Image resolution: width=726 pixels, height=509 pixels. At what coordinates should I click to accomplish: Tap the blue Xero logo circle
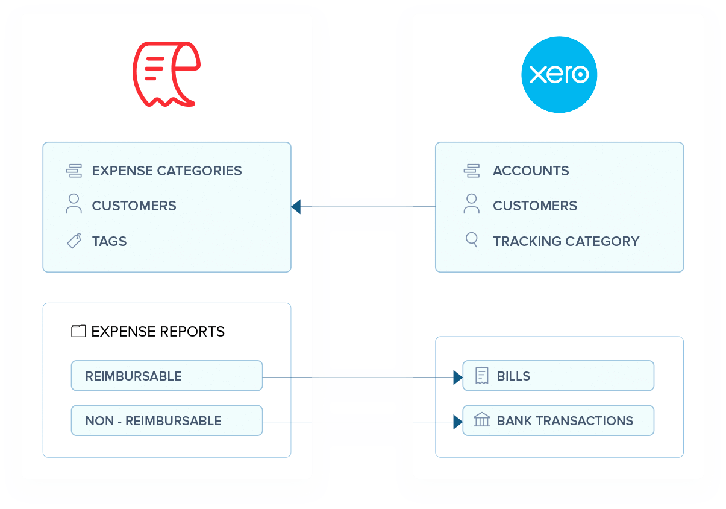click(x=559, y=74)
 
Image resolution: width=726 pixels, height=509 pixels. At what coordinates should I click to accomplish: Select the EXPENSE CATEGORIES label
click(x=166, y=171)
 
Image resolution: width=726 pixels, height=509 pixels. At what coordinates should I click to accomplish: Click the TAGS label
click(x=109, y=241)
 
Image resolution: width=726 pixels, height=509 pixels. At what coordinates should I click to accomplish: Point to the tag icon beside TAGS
click(x=74, y=241)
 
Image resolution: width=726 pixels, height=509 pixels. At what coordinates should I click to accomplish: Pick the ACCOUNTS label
click(x=531, y=171)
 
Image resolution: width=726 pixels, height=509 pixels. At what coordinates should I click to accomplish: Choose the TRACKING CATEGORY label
click(x=566, y=241)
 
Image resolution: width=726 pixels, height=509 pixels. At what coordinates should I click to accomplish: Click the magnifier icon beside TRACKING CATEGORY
click(x=472, y=240)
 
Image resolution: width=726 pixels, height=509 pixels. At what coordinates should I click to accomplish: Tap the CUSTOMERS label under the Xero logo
click(x=535, y=206)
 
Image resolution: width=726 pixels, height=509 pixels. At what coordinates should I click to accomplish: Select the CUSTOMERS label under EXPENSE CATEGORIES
click(x=134, y=206)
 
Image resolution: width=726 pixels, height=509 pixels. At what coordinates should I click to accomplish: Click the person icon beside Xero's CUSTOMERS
click(x=472, y=204)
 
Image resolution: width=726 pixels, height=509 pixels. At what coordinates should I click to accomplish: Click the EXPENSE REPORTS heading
click(x=158, y=331)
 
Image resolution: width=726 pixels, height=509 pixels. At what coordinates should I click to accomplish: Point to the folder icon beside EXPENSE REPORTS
click(x=78, y=331)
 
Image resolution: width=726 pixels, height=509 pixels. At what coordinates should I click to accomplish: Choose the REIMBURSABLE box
click(x=167, y=376)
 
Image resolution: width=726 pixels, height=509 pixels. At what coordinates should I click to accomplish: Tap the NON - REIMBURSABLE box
click(x=167, y=420)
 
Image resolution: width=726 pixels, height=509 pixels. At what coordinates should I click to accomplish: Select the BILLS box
click(x=558, y=376)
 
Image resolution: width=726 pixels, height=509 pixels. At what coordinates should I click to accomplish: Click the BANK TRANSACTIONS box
click(x=558, y=420)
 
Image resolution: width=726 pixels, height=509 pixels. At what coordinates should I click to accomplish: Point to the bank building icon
click(x=481, y=420)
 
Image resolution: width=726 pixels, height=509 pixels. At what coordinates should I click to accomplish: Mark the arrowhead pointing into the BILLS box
click(x=458, y=378)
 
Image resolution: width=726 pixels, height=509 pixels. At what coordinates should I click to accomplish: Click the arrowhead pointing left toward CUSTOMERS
click(x=295, y=207)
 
